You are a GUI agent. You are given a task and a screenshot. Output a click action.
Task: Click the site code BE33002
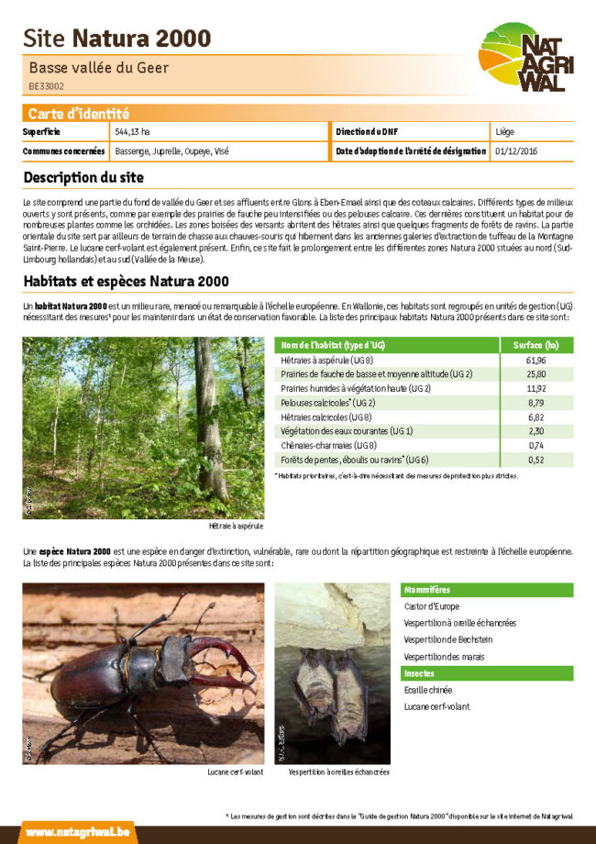point(47,86)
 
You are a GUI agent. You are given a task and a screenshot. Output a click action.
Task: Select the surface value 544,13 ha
point(133,132)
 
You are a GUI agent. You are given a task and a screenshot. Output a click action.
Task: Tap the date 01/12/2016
point(516,150)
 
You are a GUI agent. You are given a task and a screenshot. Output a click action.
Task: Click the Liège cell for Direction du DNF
point(504,132)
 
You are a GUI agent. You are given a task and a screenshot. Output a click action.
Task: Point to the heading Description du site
point(83,177)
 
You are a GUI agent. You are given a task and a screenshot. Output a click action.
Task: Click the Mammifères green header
point(427,590)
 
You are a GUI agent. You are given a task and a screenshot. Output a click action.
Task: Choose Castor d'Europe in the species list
point(433,606)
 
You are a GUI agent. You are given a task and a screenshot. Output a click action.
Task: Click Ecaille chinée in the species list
point(428,690)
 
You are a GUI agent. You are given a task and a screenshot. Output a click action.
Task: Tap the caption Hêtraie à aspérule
point(237,527)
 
